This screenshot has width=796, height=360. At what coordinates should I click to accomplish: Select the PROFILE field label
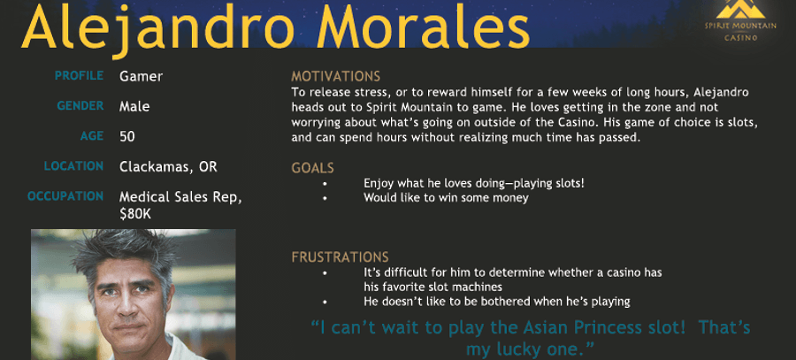tap(80, 76)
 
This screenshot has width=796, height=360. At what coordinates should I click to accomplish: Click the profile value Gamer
tap(142, 77)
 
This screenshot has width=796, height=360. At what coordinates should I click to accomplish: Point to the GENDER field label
tap(80, 106)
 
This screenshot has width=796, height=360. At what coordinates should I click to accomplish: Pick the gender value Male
tap(134, 107)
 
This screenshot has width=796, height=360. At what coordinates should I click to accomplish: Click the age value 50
tap(126, 136)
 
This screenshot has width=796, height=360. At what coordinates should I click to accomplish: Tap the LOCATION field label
tap(73, 166)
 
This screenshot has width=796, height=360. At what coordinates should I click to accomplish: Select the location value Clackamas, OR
tap(168, 167)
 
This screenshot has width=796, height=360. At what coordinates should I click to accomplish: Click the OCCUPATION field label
tap(65, 196)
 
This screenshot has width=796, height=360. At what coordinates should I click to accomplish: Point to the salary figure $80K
tap(135, 214)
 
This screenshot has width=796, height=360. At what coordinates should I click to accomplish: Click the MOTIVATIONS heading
tap(335, 77)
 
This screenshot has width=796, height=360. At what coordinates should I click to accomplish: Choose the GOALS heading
tap(313, 168)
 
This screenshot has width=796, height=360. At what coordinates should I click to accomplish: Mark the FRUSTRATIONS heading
tap(341, 257)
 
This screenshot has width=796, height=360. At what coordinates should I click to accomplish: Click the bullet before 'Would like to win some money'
tap(325, 198)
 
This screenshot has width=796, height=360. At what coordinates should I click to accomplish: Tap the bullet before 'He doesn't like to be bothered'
tap(325, 303)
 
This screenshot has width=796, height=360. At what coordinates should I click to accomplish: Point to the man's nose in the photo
tap(125, 309)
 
